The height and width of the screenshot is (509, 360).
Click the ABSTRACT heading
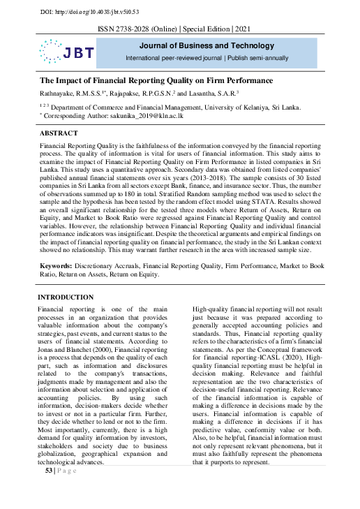click(x=59, y=132)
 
